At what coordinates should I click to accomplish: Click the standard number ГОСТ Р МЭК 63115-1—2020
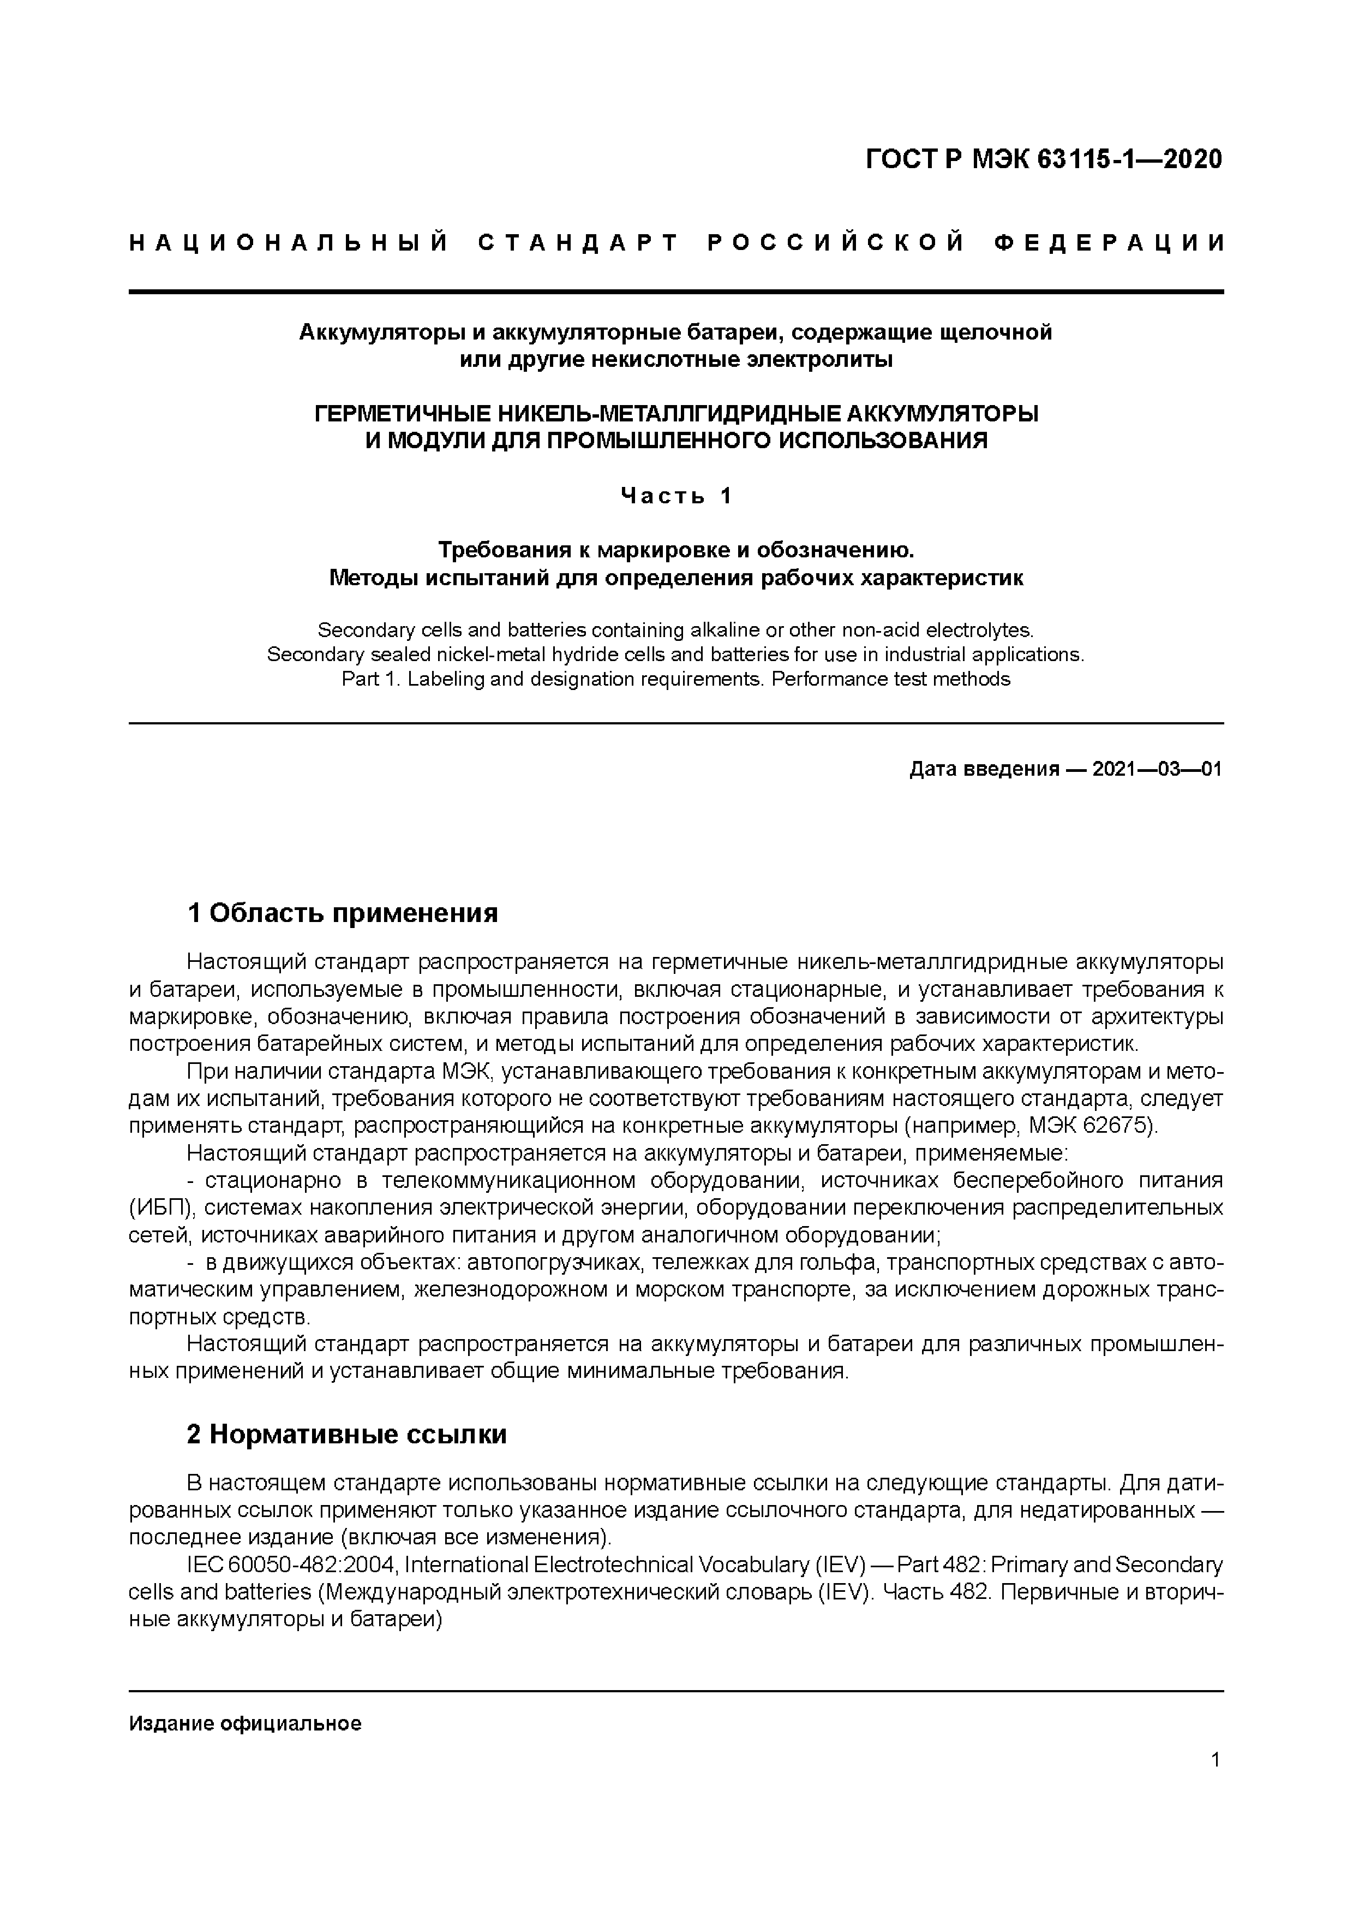[1044, 158]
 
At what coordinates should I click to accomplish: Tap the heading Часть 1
[676, 496]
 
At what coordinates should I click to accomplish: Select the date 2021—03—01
[1156, 769]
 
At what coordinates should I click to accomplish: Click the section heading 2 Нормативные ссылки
[347, 1434]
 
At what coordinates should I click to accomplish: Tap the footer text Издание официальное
[245, 1724]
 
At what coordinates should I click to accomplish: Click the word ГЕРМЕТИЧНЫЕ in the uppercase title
[402, 414]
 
